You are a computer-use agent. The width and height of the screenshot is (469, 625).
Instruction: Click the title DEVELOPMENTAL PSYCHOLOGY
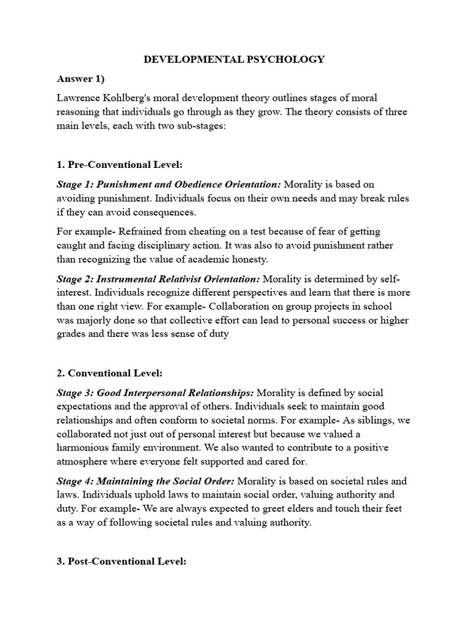[x=234, y=59]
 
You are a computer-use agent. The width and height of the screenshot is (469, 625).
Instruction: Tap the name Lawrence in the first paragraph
[x=78, y=98]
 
